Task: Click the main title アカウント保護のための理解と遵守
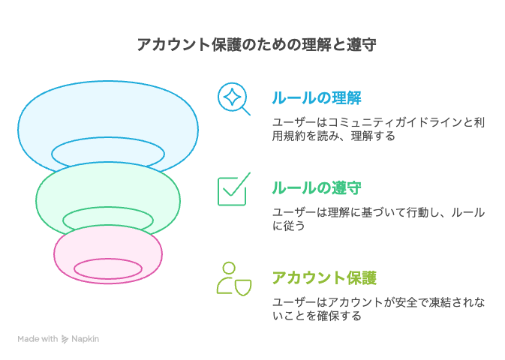click(257, 44)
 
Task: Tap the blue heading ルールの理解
click(317, 98)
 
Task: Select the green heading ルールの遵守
click(317, 187)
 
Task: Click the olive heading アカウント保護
click(324, 278)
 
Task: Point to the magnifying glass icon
click(233, 98)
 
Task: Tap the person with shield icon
click(234, 279)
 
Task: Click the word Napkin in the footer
click(85, 339)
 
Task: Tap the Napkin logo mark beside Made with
click(65, 340)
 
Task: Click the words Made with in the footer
click(38, 339)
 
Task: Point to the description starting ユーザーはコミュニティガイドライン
click(378, 129)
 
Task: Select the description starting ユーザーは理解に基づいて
click(378, 219)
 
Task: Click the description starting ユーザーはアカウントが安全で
click(378, 309)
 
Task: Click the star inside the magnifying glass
click(232, 97)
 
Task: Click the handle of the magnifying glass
click(245, 111)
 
